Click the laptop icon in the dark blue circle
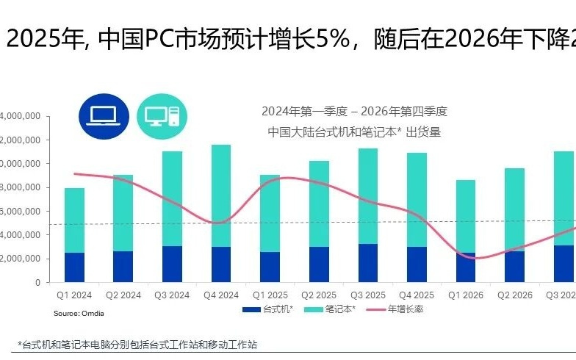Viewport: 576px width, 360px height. [104, 115]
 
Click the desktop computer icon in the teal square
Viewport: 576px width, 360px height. [162, 115]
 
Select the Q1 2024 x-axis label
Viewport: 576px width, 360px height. [74, 295]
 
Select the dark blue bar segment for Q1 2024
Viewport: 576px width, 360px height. [74, 267]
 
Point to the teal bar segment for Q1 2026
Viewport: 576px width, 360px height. [465, 216]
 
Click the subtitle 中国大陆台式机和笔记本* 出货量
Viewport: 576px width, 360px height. [353, 132]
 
